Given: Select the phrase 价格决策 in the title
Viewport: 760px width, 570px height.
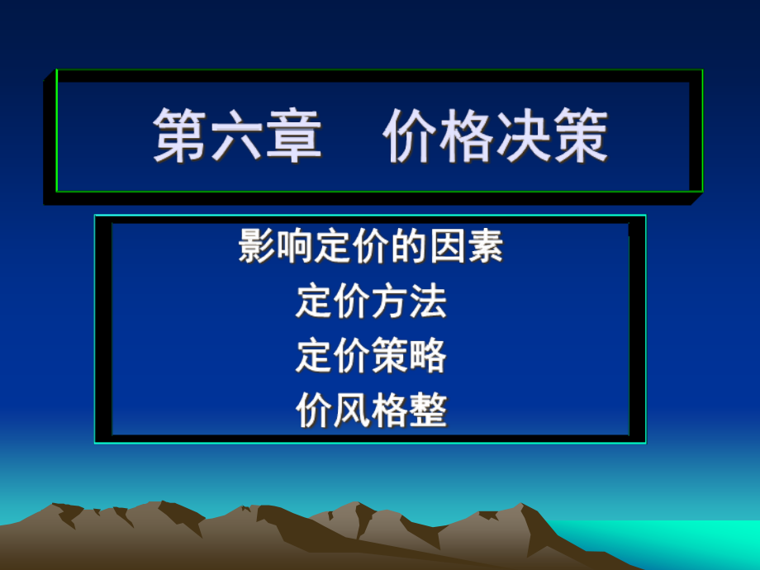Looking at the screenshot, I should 496,137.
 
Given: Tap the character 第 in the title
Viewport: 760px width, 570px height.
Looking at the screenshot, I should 180,137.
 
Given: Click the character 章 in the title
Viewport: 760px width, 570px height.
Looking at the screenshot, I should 292,137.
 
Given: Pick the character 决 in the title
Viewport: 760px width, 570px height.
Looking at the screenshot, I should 524,137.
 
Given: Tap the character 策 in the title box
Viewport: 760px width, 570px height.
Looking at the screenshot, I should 580,137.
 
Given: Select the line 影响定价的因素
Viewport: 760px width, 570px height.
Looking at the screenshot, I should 371,247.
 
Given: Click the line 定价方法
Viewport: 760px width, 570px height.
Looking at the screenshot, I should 371,302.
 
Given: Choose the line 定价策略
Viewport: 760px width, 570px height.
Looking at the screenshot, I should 371,356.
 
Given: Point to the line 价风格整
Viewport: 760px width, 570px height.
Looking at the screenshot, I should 371,411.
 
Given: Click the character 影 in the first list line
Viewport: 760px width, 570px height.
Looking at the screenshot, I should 257,247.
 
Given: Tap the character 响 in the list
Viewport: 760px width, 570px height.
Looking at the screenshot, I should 295,247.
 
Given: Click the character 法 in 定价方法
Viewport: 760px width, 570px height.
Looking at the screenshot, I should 428,302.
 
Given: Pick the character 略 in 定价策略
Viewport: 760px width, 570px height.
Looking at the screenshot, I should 428,356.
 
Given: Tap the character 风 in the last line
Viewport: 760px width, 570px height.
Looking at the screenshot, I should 352,411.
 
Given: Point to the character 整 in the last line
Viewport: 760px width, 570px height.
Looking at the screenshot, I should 428,411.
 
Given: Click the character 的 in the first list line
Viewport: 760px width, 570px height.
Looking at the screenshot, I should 409,247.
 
